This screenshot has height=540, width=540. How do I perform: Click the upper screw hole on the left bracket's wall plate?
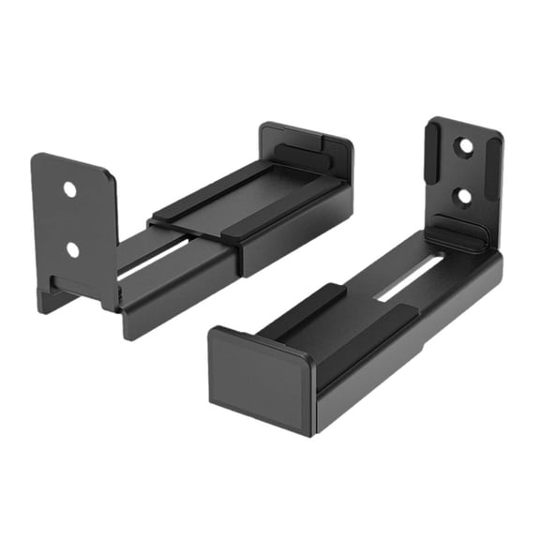point(69,189)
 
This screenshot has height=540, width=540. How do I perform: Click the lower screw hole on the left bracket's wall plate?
point(72,249)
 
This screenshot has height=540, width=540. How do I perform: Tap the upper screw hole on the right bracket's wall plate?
point(461,148)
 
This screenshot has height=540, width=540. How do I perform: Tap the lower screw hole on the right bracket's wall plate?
point(460,197)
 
